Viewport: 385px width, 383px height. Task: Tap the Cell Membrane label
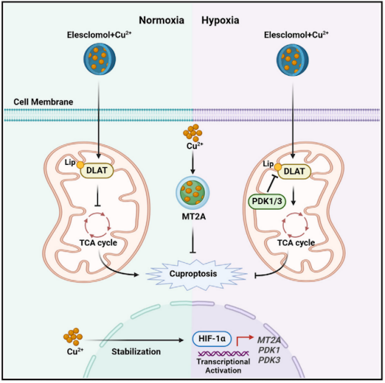pyautogui.click(x=43, y=102)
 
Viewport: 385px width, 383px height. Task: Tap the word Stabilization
pyautogui.click(x=137, y=352)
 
